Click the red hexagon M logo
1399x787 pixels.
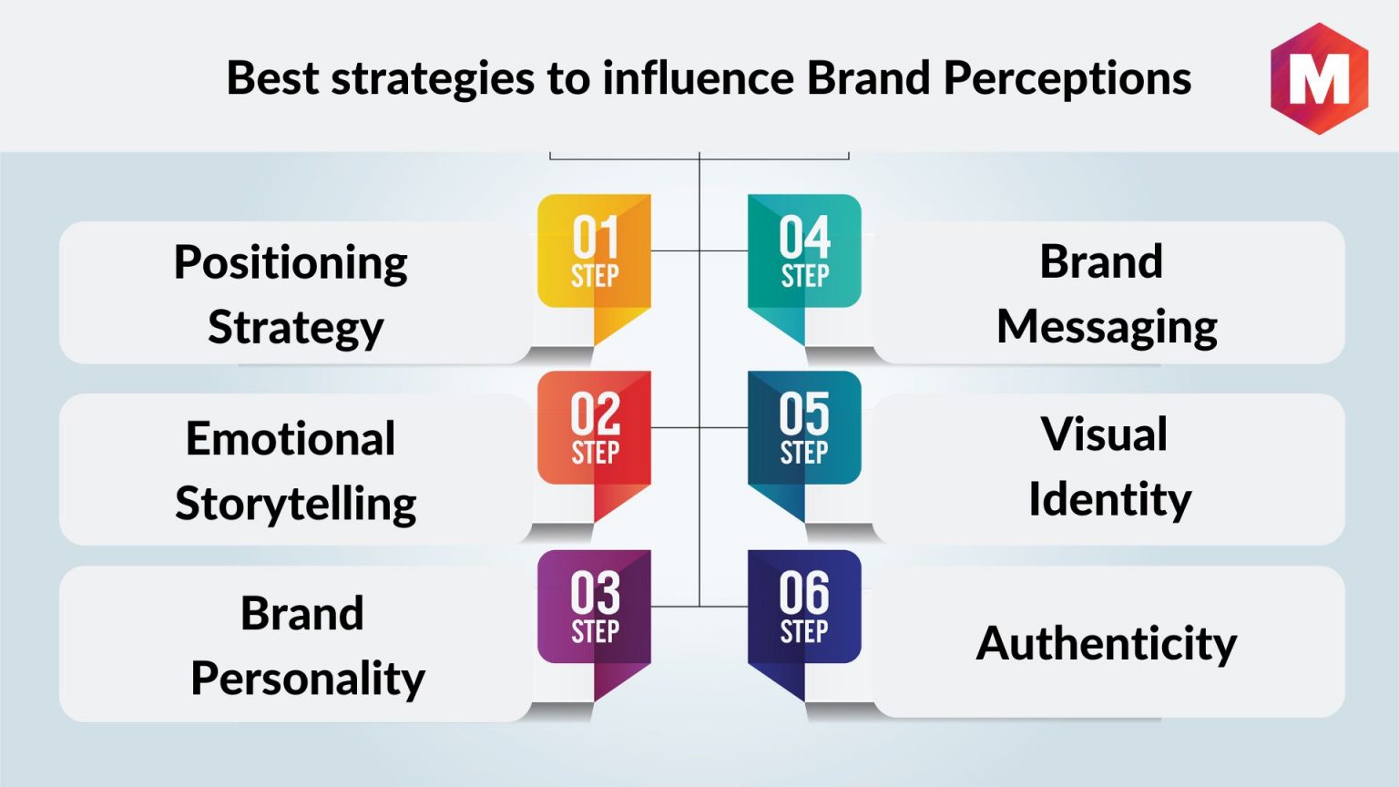point(1319,78)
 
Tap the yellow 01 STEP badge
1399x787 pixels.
point(594,262)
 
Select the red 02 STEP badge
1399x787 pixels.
point(594,440)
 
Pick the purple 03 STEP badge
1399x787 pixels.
point(594,618)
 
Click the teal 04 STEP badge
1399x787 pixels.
point(804,262)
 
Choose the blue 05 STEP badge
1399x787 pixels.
point(804,440)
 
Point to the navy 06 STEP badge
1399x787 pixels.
point(804,618)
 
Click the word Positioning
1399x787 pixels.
point(291,263)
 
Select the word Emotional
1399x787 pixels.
point(291,438)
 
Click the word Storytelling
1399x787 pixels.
point(295,505)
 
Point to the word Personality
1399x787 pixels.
point(308,680)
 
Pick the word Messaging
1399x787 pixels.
point(1108,328)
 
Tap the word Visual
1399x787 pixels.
point(1104,434)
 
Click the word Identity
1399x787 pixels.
point(1110,500)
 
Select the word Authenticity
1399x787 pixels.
point(1107,644)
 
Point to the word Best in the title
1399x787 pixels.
point(272,77)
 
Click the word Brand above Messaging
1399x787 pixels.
point(1101,261)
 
